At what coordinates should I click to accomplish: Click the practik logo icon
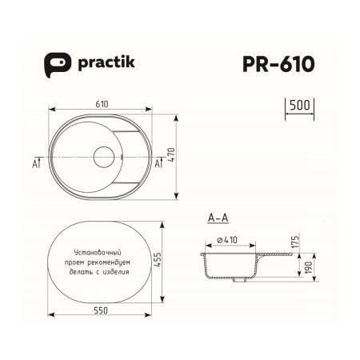pyautogui.click(x=54, y=65)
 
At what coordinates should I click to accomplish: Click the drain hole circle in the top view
pyautogui.click(x=104, y=157)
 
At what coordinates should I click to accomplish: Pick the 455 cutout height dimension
pyautogui.click(x=169, y=263)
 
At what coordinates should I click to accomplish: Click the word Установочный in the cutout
pyautogui.click(x=95, y=253)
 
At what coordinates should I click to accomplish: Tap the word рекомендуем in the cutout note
pyautogui.click(x=121, y=262)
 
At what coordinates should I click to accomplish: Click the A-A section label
pyautogui.click(x=218, y=218)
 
